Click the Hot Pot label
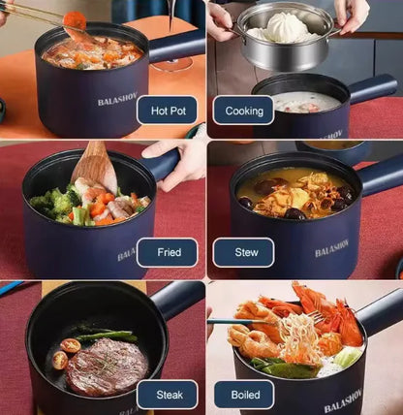167,110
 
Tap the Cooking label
243,110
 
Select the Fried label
169,253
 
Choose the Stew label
247,253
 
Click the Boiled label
244,395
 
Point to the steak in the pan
107,366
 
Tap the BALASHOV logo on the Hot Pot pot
117,100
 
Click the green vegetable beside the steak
107,337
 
